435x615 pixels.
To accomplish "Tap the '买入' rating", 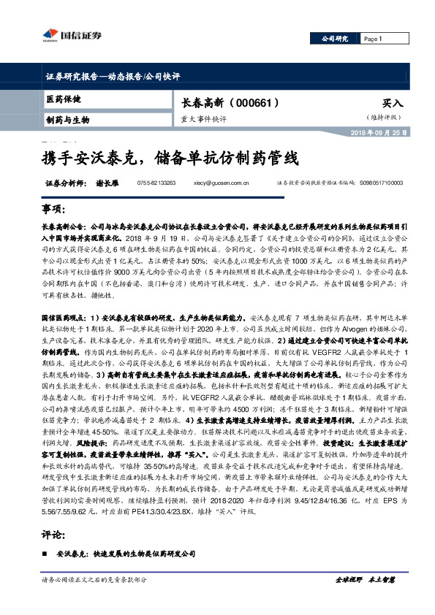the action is pos(392,104).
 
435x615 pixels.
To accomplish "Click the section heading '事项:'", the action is pos(54,209).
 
